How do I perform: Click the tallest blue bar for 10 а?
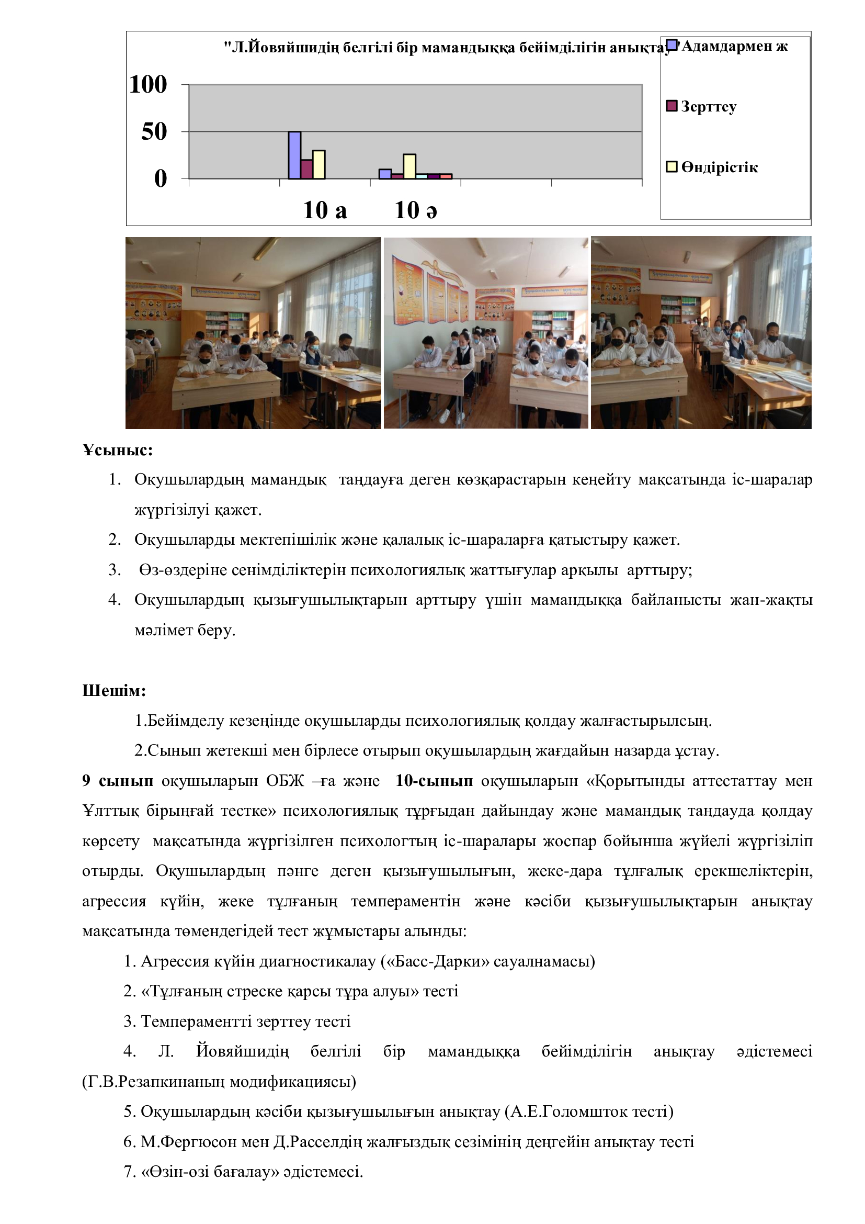coord(294,155)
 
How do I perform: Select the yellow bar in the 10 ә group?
coord(409,166)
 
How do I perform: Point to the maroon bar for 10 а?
coord(307,169)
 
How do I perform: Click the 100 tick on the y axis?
coord(148,84)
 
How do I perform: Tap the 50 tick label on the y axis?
coord(154,132)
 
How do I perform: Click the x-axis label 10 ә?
coord(415,210)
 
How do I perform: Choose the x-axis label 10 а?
coord(325,210)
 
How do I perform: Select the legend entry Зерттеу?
coord(709,107)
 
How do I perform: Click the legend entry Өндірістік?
coord(719,167)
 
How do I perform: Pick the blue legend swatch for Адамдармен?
coord(672,46)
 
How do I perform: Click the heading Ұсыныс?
coord(118,450)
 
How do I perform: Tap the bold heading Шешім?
coord(114,691)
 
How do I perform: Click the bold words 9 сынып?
coord(118,781)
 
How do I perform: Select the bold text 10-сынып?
coord(434,781)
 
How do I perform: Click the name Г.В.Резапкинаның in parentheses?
coord(147,1082)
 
